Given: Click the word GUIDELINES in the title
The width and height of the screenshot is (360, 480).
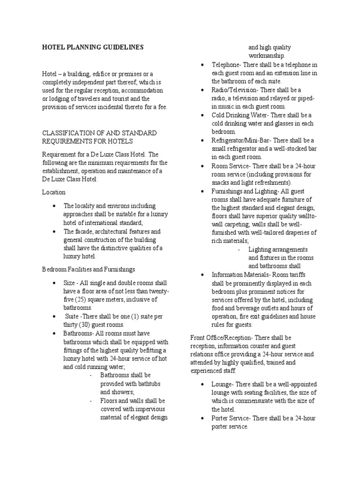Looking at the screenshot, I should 120,47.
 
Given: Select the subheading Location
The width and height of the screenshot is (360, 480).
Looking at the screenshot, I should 54,192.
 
